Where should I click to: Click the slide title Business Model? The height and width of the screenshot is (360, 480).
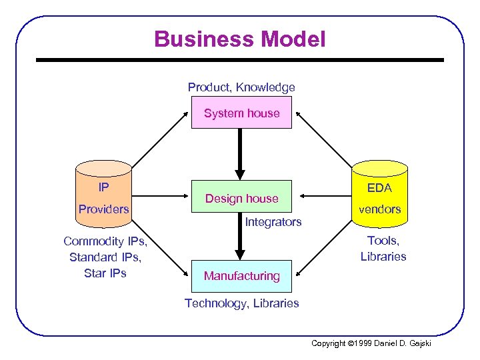pyautogui.click(x=240, y=39)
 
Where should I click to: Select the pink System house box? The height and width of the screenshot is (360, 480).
pyautogui.click(x=241, y=113)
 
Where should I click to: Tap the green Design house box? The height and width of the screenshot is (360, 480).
pyautogui.click(x=241, y=197)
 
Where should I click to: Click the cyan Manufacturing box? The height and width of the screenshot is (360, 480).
pyautogui.click(x=241, y=275)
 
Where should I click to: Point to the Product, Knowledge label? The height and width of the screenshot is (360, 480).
pyautogui.click(x=241, y=87)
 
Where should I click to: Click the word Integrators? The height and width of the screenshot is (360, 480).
pyautogui.click(x=273, y=221)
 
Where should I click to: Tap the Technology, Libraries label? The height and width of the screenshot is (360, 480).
pyautogui.click(x=241, y=303)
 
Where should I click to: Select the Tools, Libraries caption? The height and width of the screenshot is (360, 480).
pyautogui.click(x=383, y=248)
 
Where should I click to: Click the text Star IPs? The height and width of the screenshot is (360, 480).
pyautogui.click(x=105, y=273)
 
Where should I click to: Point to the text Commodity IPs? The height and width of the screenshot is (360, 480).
pyautogui.click(x=105, y=241)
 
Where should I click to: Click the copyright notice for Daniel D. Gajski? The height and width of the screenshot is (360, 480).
pyautogui.click(x=371, y=343)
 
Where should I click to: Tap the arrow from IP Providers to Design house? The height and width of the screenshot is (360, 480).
pyautogui.click(x=161, y=196)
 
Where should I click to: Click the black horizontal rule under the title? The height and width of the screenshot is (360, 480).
pyautogui.click(x=240, y=60)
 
